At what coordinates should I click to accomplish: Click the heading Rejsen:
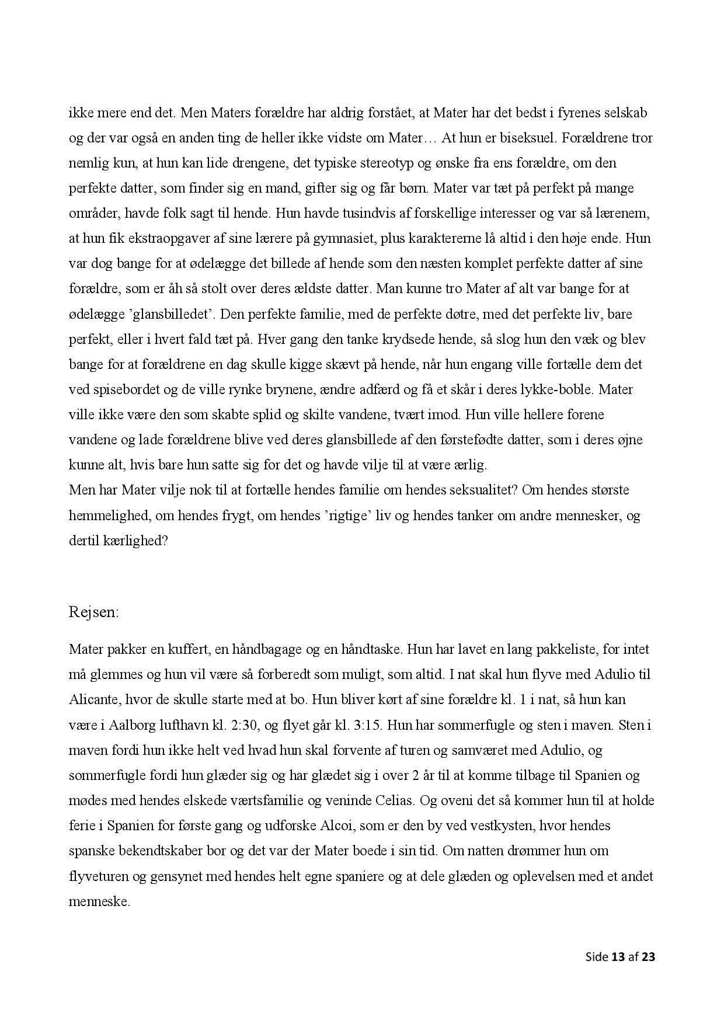(x=93, y=612)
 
